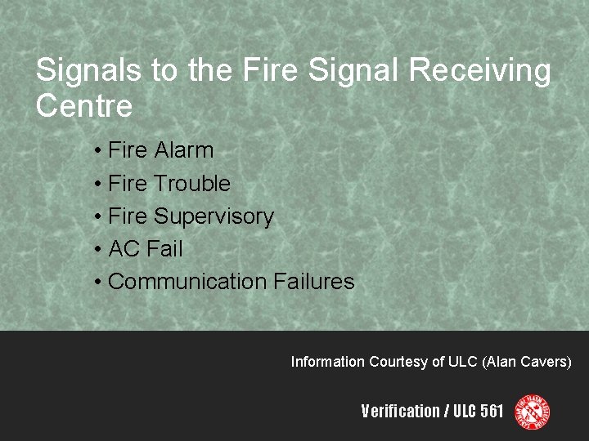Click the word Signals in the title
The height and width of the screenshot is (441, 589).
[88, 71]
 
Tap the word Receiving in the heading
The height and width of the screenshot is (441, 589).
[479, 71]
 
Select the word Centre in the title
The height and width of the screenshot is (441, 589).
[83, 106]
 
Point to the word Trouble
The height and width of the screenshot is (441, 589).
[192, 184]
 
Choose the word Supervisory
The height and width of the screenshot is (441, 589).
[214, 216]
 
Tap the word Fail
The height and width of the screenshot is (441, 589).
[165, 249]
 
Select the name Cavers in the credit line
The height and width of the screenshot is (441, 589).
[546, 361]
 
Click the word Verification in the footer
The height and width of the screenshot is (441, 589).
[400, 412]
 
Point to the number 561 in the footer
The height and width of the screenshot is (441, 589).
[492, 412]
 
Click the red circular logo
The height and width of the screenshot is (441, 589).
[532, 412]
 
